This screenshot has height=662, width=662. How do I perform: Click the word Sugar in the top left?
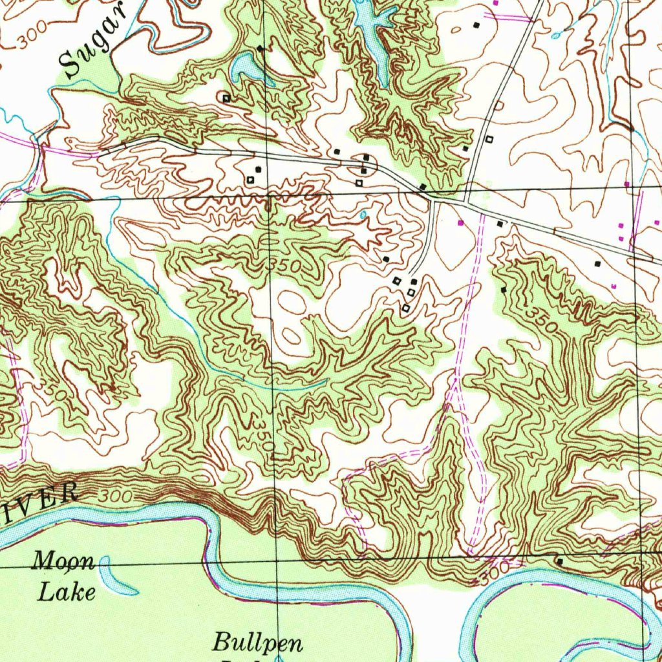pos(91,43)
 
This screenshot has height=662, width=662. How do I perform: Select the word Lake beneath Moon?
pos(67,591)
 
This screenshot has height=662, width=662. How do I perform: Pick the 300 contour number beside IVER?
pos(116,497)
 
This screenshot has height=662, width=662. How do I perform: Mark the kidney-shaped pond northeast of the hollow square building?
pos(248,67)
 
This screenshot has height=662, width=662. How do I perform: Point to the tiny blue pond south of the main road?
pos(363,213)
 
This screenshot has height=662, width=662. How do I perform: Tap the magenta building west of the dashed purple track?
pos(460,222)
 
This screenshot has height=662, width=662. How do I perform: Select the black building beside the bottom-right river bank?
pos(559,562)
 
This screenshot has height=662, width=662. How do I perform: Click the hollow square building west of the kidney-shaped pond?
pos(226,98)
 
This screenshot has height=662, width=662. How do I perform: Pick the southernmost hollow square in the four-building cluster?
pos(405,308)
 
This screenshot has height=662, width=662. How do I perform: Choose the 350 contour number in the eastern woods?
pos(540,320)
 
